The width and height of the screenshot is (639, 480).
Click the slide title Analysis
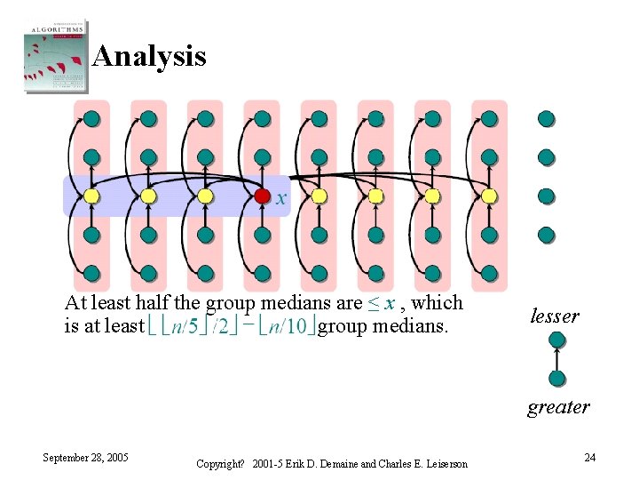click(x=149, y=57)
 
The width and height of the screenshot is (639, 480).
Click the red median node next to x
click(x=262, y=196)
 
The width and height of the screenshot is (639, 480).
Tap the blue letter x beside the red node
click(x=280, y=199)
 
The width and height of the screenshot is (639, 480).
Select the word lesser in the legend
click(x=555, y=316)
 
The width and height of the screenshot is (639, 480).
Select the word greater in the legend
click(x=558, y=407)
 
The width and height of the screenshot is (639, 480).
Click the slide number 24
click(x=589, y=458)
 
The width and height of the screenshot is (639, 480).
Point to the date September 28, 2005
click(x=86, y=458)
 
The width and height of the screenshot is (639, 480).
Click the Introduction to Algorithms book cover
click(x=54, y=54)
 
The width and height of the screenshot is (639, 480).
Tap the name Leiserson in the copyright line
click(x=442, y=464)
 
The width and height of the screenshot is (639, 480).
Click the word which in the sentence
click(x=438, y=303)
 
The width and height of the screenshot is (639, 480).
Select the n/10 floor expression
click(x=290, y=326)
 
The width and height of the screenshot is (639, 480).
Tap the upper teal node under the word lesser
click(x=557, y=340)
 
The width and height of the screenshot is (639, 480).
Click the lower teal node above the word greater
click(x=557, y=379)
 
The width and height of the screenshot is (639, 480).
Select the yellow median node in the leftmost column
click(x=91, y=196)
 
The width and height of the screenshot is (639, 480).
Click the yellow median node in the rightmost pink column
click(x=489, y=196)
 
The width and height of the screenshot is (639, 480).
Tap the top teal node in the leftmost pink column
click(x=91, y=118)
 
